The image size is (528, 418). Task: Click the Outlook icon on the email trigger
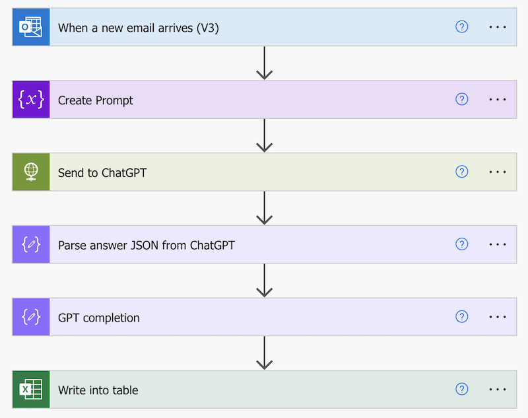(x=30, y=27)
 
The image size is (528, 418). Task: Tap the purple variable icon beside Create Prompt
(x=30, y=100)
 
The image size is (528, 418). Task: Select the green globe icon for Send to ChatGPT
(x=30, y=172)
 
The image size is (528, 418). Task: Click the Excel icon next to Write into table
(x=30, y=390)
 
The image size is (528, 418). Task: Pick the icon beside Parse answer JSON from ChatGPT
(x=30, y=245)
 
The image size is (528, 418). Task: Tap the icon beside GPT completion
(x=30, y=317)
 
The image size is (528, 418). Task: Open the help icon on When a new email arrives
(x=462, y=27)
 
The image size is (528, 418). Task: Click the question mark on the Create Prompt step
(x=462, y=100)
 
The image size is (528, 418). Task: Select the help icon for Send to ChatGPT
(x=462, y=172)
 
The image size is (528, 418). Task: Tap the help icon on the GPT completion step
(x=462, y=317)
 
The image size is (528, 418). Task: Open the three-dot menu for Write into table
(x=498, y=390)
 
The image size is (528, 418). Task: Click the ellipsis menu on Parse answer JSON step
(x=498, y=245)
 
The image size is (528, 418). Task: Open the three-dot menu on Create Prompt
(x=498, y=100)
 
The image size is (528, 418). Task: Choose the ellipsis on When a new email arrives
(x=498, y=27)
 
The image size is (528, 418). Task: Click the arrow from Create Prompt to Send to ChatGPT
(x=265, y=135)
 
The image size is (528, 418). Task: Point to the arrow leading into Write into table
(x=265, y=353)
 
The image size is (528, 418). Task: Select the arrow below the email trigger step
(x=265, y=63)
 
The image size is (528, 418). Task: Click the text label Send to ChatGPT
(x=102, y=173)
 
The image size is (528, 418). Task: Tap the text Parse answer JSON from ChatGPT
(x=146, y=246)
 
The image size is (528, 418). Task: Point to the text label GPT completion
(x=98, y=318)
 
